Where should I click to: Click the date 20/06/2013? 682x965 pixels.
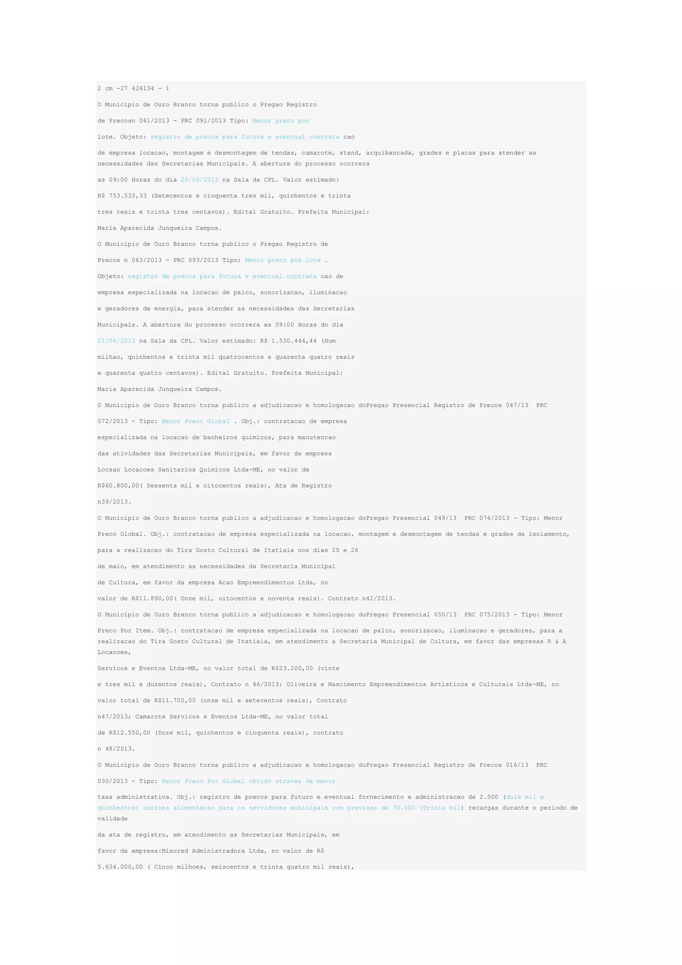pos(199,180)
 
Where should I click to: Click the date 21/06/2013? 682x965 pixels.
pos(116,341)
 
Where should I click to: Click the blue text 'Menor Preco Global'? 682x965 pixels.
pos(196,422)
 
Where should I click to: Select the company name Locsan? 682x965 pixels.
pos(109,470)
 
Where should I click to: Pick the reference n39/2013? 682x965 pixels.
pos(114,502)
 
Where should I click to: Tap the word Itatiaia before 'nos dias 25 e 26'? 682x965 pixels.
pos(279,550)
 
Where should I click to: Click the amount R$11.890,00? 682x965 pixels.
pos(152,598)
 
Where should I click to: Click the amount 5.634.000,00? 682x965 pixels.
pos(120,867)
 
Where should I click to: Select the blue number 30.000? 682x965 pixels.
pos(404,808)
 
